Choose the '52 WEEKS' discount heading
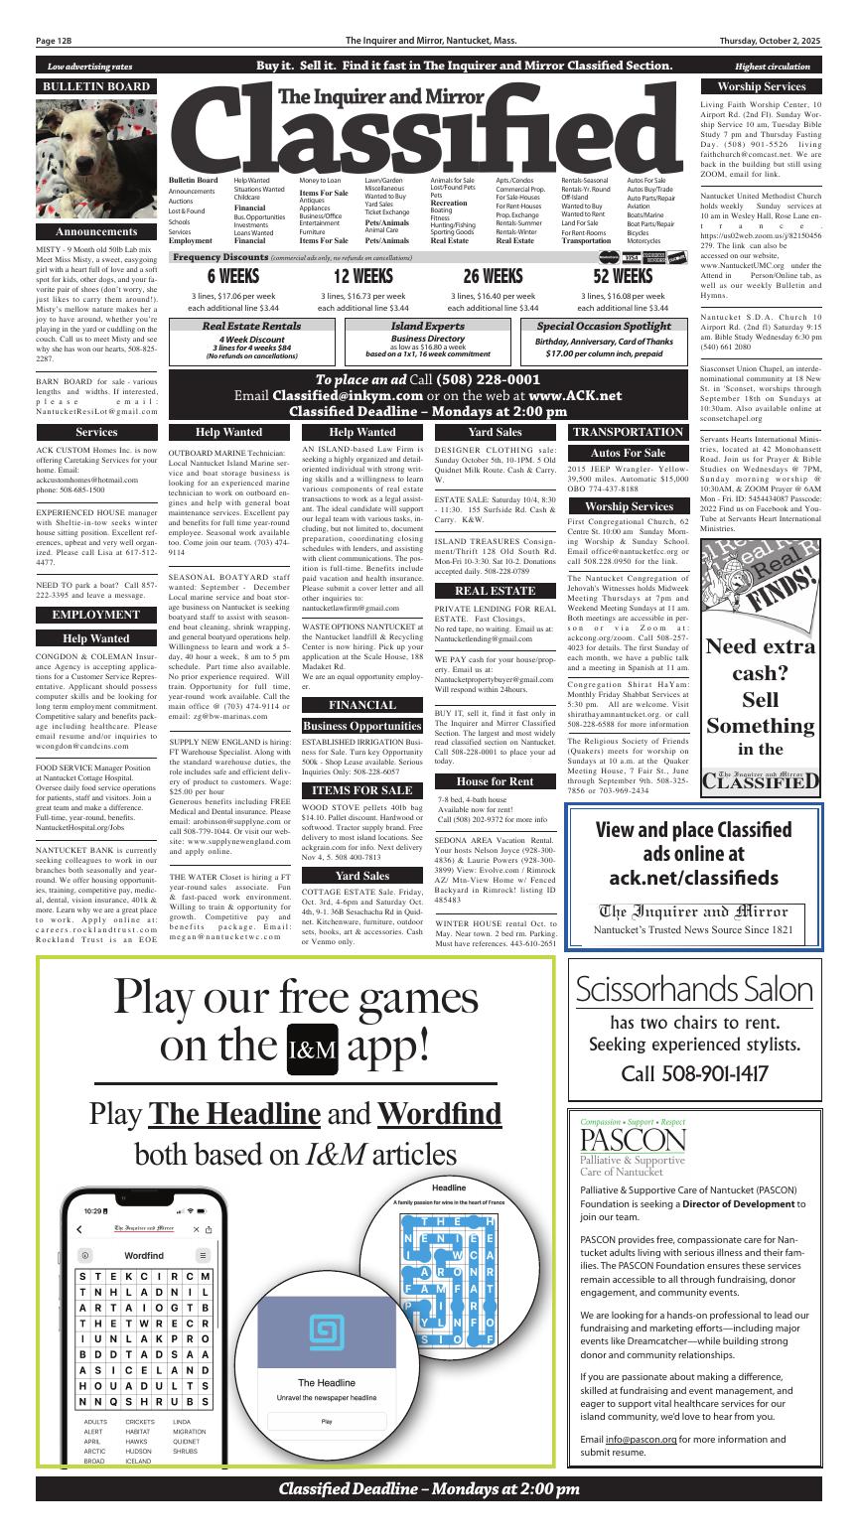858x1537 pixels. pos(623,276)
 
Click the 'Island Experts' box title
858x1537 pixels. pos(427,326)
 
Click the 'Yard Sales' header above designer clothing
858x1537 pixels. pos(495,432)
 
